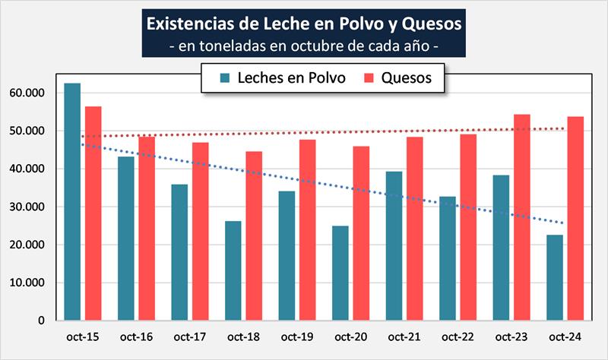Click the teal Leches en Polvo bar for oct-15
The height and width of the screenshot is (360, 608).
pyautogui.click(x=72, y=201)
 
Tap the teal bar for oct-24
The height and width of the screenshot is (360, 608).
pyautogui.click(x=556, y=277)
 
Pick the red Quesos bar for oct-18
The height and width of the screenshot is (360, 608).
pyautogui.click(x=254, y=235)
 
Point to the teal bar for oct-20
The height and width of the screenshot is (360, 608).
pyautogui.click(x=340, y=273)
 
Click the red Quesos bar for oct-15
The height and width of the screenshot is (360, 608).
pyautogui.click(x=93, y=213)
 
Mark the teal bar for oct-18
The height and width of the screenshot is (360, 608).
pyautogui.click(x=233, y=270)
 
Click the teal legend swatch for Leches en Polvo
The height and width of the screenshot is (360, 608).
pyautogui.click(x=226, y=77)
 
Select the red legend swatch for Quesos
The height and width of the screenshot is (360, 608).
pyautogui.click(x=369, y=77)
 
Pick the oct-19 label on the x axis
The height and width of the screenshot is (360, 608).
pyautogui.click(x=297, y=336)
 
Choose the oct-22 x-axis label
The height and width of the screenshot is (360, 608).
pyautogui.click(x=458, y=336)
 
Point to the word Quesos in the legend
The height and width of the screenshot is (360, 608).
pyautogui.click(x=407, y=77)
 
